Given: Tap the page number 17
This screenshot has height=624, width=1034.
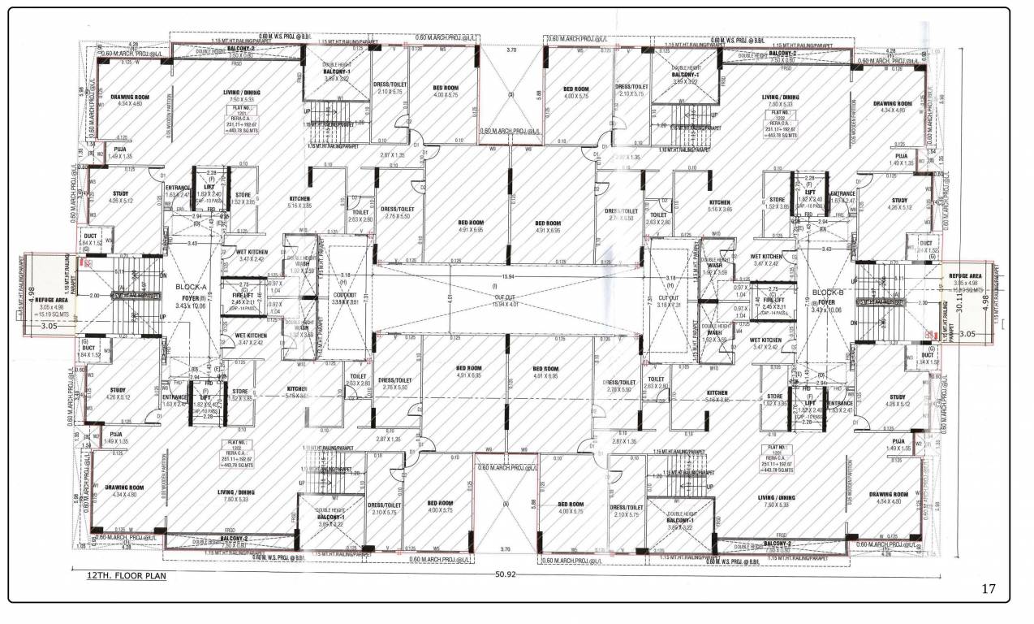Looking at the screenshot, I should (x=989, y=587).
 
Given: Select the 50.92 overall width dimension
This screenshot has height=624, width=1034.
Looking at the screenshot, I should (x=505, y=575).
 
